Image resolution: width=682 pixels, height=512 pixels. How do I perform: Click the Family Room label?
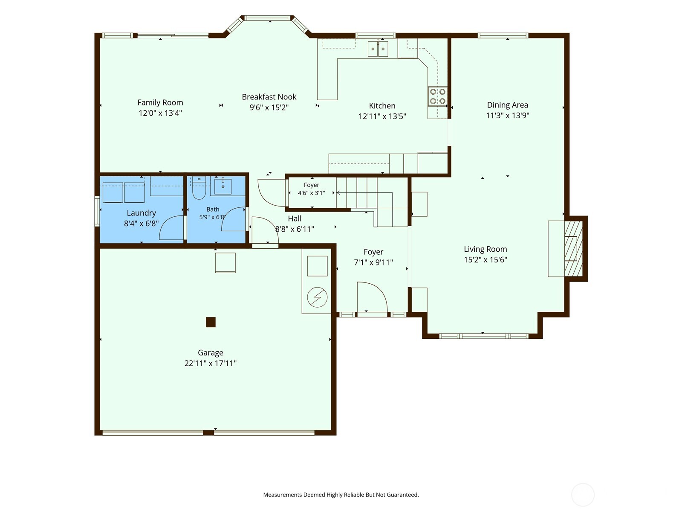tap(160, 102)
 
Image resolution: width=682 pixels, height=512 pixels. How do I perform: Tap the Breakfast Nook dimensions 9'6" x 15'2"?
tap(269, 108)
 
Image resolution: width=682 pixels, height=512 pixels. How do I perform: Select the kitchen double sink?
tap(378, 49)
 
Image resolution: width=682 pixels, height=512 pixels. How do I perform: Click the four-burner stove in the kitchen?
tap(437, 96)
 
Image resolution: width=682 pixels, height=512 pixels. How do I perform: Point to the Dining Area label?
tap(507, 105)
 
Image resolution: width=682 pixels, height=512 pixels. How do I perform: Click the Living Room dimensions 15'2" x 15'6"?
tap(485, 260)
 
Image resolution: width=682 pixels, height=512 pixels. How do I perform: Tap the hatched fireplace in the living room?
tap(573, 249)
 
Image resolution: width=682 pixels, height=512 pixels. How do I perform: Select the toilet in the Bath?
tap(199, 188)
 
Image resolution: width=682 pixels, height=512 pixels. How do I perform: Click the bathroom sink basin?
tap(223, 186)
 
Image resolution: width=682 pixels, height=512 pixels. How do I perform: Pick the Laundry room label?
tap(142, 213)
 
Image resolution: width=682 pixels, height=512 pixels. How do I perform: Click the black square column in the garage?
tap(211, 322)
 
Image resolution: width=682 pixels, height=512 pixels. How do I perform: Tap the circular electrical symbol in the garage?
tap(317, 297)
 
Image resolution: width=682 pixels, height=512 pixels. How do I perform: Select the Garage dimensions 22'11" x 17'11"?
tap(211, 364)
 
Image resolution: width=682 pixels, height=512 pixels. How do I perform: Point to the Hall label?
tap(295, 218)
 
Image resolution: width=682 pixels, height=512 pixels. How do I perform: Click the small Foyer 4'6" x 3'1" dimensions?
tap(311, 193)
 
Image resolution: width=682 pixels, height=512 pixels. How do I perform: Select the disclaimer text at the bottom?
tap(341, 495)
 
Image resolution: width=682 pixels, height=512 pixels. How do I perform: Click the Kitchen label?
tap(382, 106)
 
